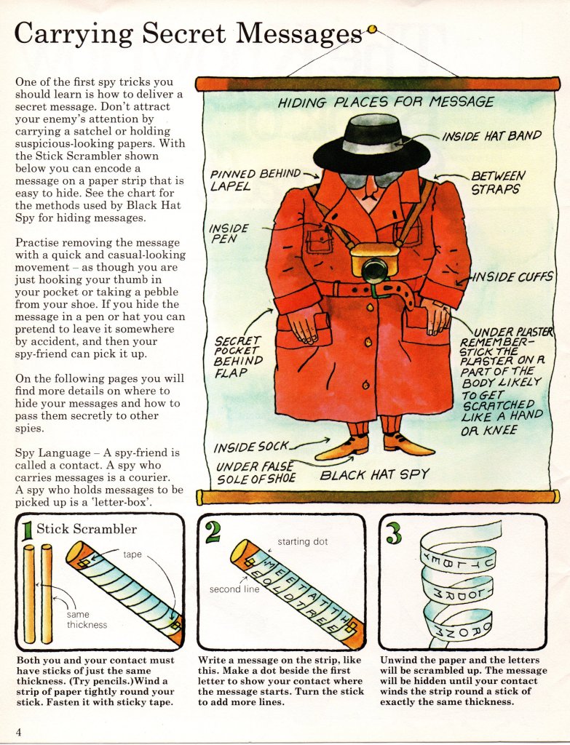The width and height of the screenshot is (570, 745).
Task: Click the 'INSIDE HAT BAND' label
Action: [492, 135]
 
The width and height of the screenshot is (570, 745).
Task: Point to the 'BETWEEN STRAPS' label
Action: [497, 182]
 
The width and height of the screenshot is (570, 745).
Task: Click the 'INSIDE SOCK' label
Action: [251, 446]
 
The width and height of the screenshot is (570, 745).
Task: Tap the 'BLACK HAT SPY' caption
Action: [375, 475]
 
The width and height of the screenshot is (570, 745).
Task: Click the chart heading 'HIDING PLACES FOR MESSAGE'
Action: [386, 102]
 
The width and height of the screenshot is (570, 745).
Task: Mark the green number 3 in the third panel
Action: [393, 533]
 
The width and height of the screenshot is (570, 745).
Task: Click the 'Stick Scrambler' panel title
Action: [87, 529]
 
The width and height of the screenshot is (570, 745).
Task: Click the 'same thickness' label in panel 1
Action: [87, 619]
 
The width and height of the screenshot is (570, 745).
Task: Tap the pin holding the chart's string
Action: [372, 30]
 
